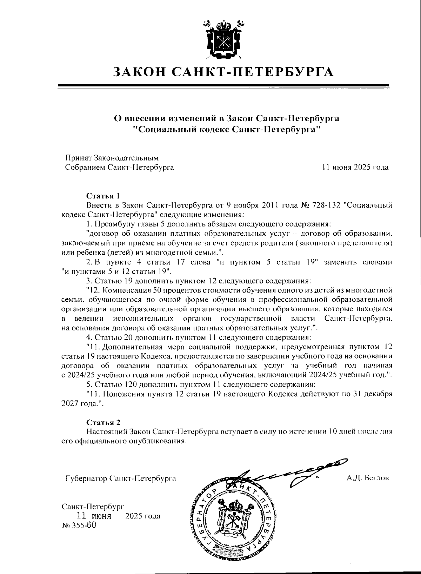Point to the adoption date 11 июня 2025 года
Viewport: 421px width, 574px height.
(x=355, y=168)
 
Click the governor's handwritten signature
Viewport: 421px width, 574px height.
(x=288, y=472)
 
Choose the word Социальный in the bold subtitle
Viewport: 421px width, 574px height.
(x=165, y=129)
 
